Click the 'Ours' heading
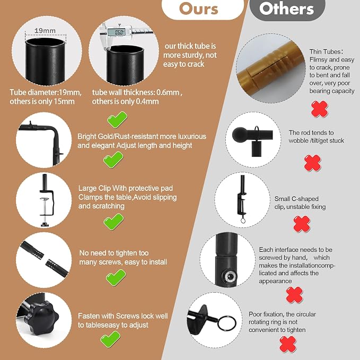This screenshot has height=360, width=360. (x=199, y=9)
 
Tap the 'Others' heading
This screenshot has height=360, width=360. (x=286, y=8)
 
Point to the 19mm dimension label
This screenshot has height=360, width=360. (x=45, y=31)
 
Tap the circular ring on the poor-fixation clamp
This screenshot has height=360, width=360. (x=227, y=323)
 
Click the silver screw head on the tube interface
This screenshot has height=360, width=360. (x=230, y=276)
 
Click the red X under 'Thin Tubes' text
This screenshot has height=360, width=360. (x=319, y=109)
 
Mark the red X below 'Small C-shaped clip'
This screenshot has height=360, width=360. (x=302, y=224)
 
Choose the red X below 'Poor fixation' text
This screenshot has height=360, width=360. (x=288, y=344)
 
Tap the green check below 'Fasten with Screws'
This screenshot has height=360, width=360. (x=110, y=339)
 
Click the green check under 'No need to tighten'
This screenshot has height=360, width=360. (x=116, y=277)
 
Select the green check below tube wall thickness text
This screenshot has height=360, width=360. (x=117, y=120)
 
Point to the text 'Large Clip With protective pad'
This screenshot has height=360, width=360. (x=125, y=188)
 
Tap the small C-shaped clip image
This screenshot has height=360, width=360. (x=242, y=199)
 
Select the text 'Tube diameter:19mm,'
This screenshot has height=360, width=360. (x=46, y=92)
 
